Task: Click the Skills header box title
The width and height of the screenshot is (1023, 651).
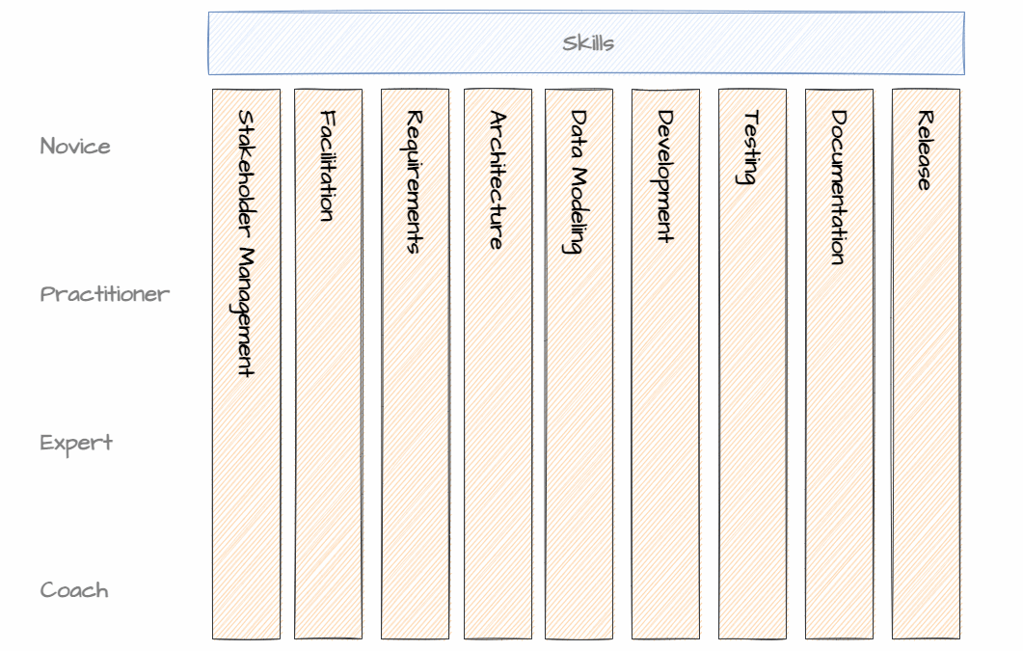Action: [588, 43]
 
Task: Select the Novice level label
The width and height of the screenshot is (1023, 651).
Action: [75, 147]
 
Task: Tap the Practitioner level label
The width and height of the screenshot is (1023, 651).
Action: [104, 294]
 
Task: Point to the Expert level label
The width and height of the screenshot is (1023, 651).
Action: [76, 443]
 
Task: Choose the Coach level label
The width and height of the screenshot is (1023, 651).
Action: [74, 590]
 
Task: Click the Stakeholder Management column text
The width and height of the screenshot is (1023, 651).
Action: [246, 243]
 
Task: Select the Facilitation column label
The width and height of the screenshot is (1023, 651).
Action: [328, 166]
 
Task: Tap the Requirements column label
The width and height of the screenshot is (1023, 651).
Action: [415, 181]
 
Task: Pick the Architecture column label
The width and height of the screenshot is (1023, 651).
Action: [498, 180]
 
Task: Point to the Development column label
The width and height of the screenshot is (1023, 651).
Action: [665, 176]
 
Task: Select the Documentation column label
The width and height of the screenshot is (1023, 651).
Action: [839, 187]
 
